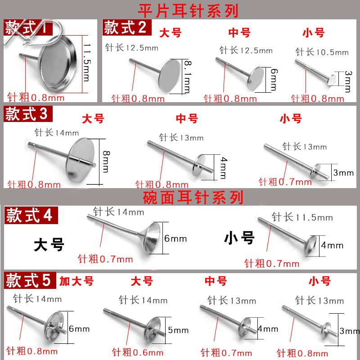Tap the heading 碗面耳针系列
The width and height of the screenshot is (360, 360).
tap(193, 197)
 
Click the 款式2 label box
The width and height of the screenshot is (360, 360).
tap(125, 28)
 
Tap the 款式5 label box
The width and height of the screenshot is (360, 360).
tap(28, 281)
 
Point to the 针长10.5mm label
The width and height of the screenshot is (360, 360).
tap(322, 52)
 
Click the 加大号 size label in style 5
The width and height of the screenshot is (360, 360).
tap(76, 282)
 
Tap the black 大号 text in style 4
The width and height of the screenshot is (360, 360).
tap(49, 245)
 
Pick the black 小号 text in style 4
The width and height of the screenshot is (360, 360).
tap(239, 237)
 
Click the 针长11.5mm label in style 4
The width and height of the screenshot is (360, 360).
tap(302, 217)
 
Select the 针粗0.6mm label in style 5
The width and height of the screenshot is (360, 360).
tap(137, 352)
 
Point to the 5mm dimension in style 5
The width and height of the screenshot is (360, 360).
tap(178, 330)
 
